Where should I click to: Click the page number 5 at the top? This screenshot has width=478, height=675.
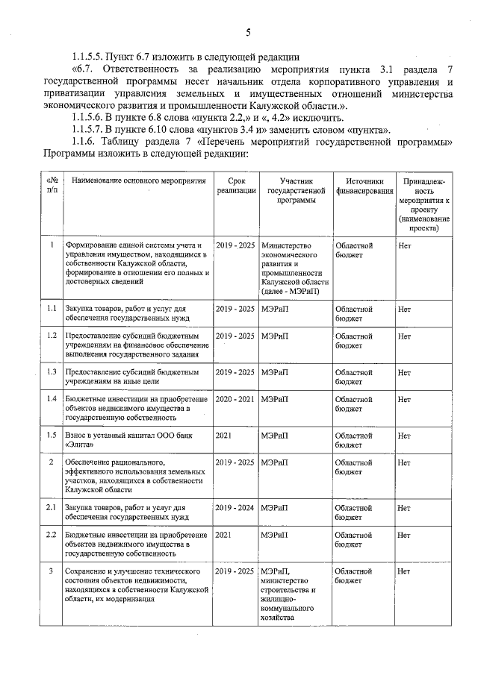[x=247, y=31]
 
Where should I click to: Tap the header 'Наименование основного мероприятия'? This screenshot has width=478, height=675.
[x=139, y=180]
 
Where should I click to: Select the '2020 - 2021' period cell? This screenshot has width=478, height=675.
[x=235, y=399]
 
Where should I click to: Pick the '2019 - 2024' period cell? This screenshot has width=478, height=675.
[x=235, y=508]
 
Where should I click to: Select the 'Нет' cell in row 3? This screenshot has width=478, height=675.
[x=405, y=571]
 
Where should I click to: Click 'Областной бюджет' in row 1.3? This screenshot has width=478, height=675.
[x=354, y=376]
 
